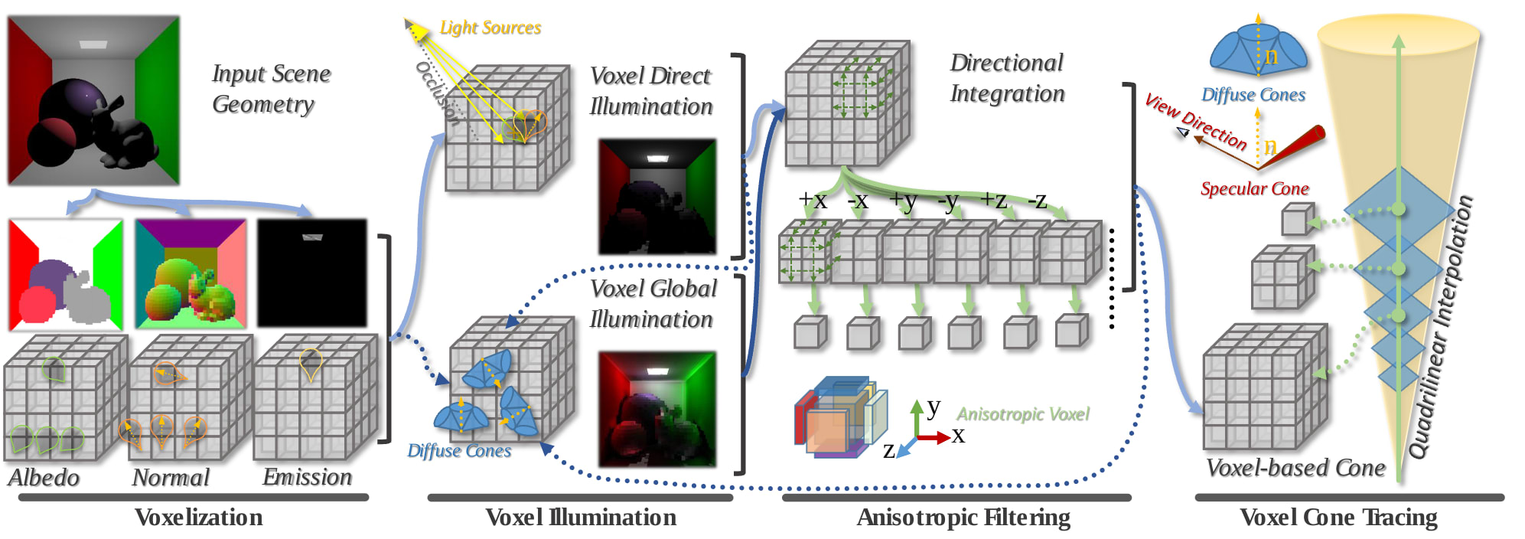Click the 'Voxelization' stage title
click(198, 518)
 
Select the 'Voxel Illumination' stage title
click(581, 518)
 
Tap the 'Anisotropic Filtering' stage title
click(963, 518)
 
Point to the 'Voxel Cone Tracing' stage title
click(1338, 518)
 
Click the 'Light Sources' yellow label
click(490, 28)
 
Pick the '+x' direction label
click(813, 200)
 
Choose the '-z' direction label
click(1037, 201)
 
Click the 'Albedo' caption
click(44, 477)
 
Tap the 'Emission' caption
click(307, 477)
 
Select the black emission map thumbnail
click(311, 273)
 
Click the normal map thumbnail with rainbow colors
click(191, 273)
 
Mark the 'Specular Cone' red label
click(1254, 188)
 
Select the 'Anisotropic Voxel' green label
click(1022, 414)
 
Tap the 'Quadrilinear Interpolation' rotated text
click(1441, 325)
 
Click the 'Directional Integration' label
click(1007, 78)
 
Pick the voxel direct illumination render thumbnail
click(657, 196)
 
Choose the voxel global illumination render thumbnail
click(657, 409)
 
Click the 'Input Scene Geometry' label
click(271, 89)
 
